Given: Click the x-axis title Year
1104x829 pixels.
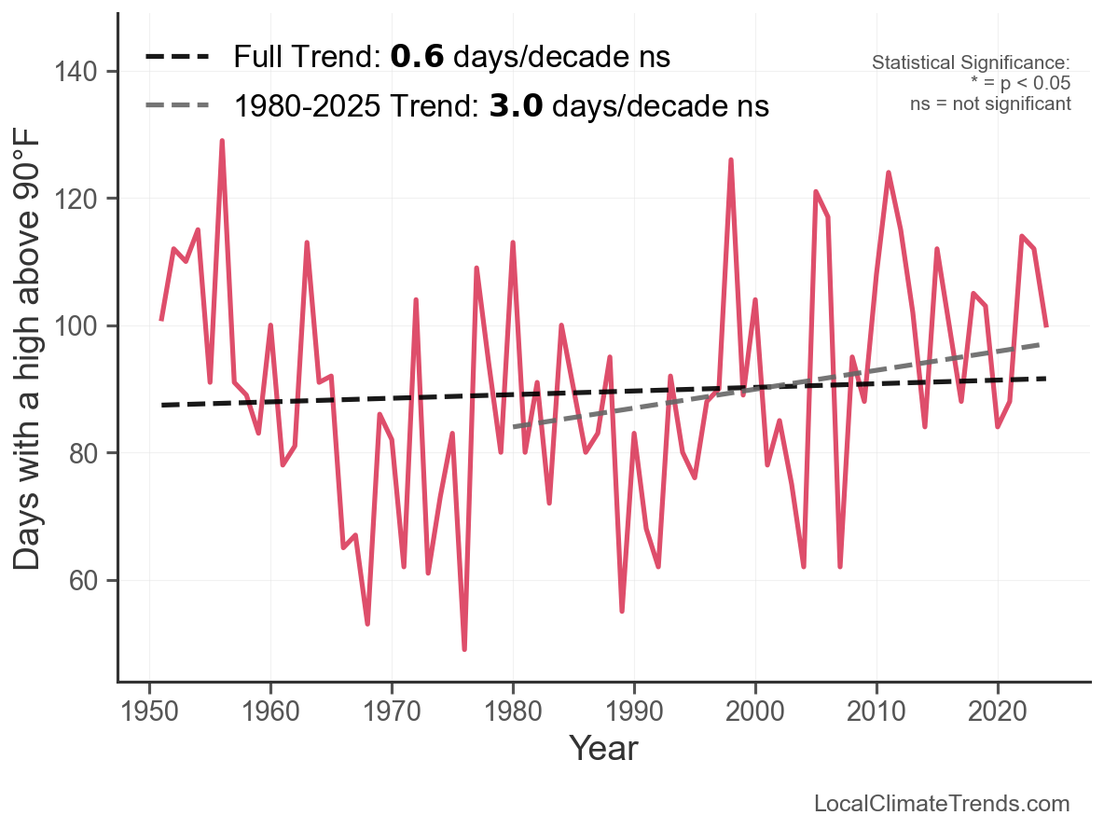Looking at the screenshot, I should (x=603, y=748).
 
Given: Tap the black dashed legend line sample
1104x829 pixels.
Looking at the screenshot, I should (x=177, y=58).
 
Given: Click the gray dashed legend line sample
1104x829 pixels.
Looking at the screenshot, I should (x=177, y=106).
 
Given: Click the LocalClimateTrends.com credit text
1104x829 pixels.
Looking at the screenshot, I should (x=942, y=804).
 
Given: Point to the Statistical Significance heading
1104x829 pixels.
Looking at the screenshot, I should (x=971, y=63).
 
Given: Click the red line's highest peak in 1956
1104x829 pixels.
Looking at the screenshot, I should (x=222, y=142).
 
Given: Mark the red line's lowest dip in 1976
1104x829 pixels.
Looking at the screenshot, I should (x=464, y=649).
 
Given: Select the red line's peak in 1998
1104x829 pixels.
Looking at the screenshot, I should (x=731, y=160).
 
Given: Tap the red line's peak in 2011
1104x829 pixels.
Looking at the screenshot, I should (x=889, y=173).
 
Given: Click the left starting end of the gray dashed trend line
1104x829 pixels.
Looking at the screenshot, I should (x=514, y=427).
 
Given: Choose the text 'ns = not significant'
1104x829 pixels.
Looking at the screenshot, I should (x=990, y=104).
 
